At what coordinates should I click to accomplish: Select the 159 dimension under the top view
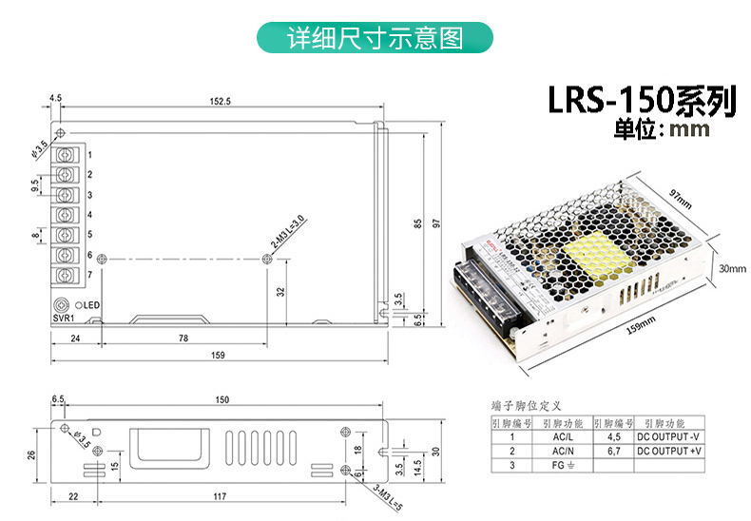tap(218, 357)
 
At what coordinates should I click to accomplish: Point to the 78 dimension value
tap(183, 338)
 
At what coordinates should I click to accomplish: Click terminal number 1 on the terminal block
tap(89, 154)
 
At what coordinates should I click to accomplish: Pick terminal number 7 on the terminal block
tap(89, 275)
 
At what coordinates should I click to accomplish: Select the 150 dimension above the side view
tap(222, 399)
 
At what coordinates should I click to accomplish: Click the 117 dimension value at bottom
tap(219, 496)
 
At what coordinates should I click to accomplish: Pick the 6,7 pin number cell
tap(612, 451)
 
